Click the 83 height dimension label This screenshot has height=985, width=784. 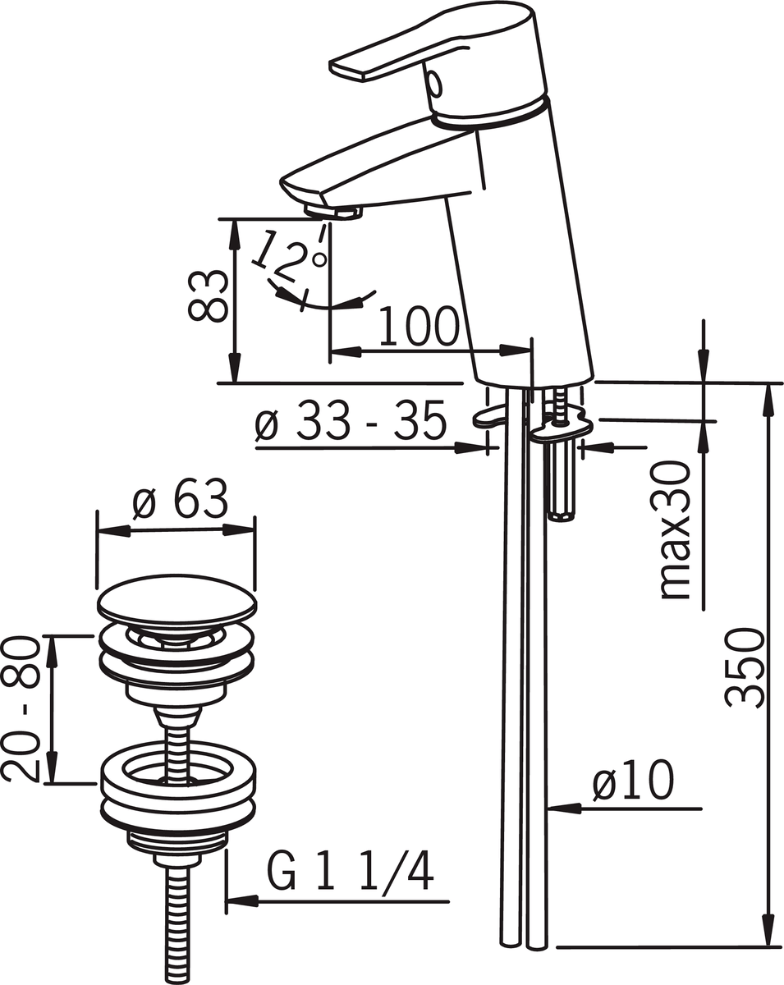pos(208,295)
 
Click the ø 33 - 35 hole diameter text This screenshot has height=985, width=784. pos(351,420)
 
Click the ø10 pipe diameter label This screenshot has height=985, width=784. pos(633,780)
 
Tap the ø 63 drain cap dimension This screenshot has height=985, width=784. pos(180,499)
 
